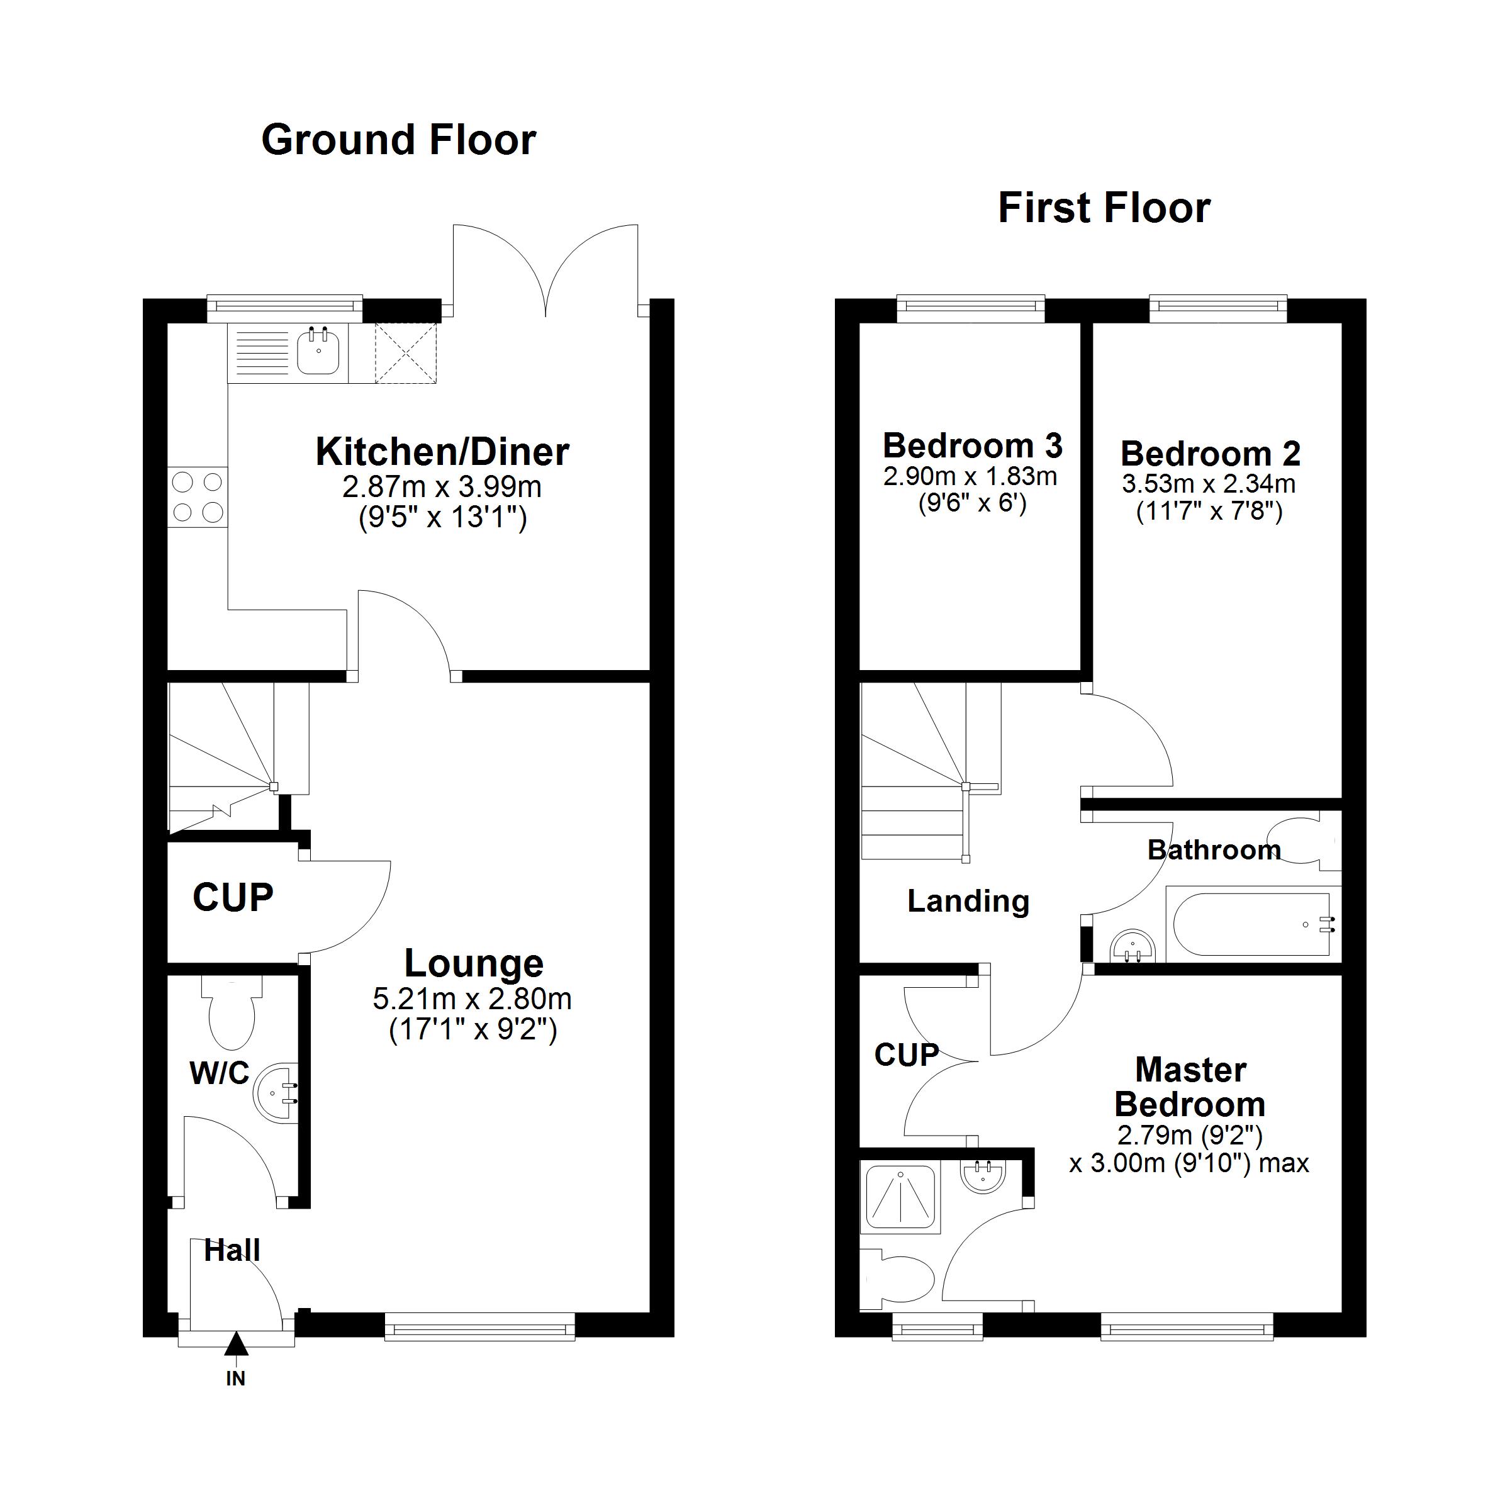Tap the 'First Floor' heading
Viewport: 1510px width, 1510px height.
pos(1104,208)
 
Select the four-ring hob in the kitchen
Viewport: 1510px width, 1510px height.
pos(197,497)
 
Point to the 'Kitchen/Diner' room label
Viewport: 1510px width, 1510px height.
pos(442,452)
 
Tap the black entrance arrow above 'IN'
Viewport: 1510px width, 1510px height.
pos(236,1345)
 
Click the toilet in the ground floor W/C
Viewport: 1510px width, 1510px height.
pos(232,1012)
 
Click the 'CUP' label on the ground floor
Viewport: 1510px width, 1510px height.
pos(233,898)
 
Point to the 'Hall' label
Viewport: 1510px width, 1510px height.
pos(232,1251)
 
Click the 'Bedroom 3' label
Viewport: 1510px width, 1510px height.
pos(972,446)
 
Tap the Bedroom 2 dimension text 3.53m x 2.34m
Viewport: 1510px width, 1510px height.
pos(1208,484)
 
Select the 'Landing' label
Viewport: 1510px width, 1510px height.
pos(968,901)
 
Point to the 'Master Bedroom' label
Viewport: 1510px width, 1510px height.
pos(1190,1087)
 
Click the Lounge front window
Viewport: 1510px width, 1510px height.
pos(480,1326)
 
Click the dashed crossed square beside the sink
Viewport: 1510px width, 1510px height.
pos(406,353)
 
